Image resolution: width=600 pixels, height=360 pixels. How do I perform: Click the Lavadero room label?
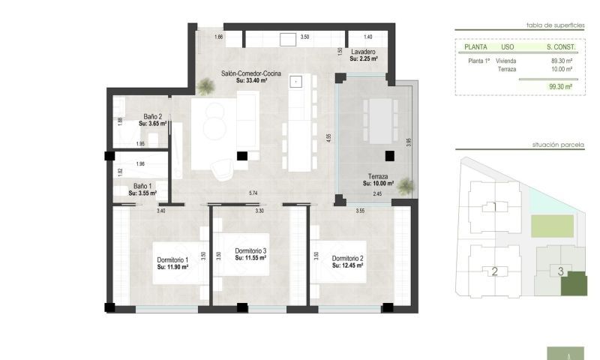tap(363, 51)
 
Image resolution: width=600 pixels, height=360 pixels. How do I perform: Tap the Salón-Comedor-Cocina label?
tap(252, 73)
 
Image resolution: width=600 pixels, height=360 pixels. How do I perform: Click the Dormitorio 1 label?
tap(172, 260)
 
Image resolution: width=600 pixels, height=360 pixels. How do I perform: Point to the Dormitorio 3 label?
tap(250, 251)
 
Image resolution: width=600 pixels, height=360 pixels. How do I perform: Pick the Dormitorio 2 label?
tap(348, 259)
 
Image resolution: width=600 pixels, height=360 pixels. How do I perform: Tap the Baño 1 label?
tap(142, 186)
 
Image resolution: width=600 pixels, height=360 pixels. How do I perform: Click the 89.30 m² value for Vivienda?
tap(561, 61)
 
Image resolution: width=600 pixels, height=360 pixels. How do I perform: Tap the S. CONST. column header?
tap(560, 46)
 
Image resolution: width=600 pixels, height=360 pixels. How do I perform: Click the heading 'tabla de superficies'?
tap(555, 25)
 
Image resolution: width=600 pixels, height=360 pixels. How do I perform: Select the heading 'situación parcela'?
tap(558, 144)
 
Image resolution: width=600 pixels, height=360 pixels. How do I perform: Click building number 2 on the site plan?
tap(494, 271)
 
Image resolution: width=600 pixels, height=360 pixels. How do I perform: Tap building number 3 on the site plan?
tap(560, 271)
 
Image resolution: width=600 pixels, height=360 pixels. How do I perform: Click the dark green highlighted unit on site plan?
tap(574, 284)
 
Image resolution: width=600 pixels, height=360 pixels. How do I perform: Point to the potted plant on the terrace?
tap(406, 184)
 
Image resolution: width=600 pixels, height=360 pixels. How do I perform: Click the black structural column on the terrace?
tap(389, 156)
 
